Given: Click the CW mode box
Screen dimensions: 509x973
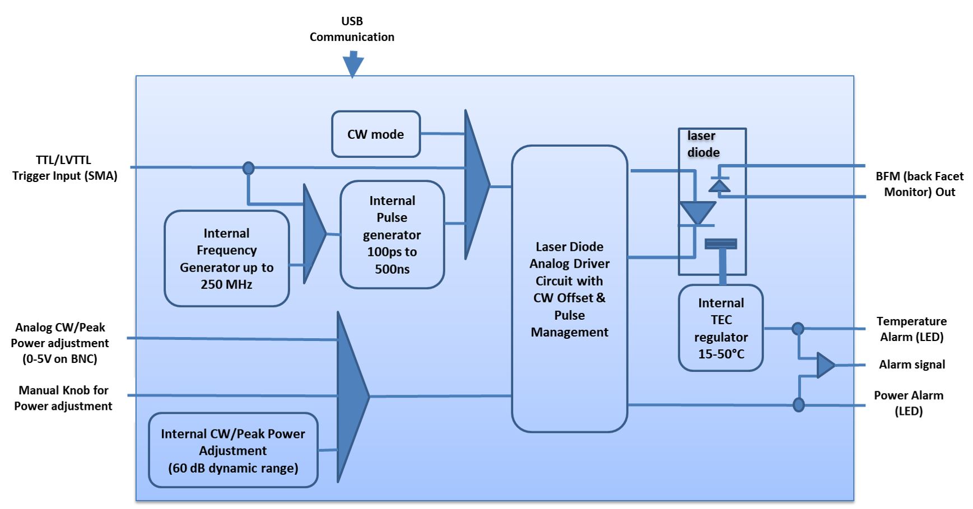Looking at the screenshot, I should (375, 134).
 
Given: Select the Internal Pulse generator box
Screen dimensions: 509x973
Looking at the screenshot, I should (392, 235).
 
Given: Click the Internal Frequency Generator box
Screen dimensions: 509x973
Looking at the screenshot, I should (226, 259).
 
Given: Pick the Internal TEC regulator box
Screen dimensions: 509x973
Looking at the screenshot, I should (720, 328).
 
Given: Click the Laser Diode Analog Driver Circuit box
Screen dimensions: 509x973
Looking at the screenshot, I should (569, 289).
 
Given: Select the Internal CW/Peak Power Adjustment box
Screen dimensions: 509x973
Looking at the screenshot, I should (233, 450).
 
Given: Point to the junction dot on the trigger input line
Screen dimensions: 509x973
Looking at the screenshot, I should (248, 168).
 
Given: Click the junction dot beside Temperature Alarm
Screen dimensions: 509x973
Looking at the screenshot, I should (798, 329).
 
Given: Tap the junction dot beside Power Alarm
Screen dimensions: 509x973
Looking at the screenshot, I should (799, 404).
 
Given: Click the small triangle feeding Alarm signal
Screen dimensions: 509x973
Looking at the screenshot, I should (825, 365).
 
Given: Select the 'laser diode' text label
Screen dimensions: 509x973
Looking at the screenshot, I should (703, 144).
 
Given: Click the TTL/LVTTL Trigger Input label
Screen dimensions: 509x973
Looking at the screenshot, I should (64, 168).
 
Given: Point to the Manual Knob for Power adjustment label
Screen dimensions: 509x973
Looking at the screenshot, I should (63, 398).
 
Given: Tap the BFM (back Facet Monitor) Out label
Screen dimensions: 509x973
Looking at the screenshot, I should (919, 184).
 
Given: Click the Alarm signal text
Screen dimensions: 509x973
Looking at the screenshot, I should (911, 365).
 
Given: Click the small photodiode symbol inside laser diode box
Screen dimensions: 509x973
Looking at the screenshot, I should (719, 185).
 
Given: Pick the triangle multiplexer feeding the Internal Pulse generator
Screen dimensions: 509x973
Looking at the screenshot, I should (313, 234).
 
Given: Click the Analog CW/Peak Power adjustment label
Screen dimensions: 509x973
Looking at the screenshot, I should (60, 343).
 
